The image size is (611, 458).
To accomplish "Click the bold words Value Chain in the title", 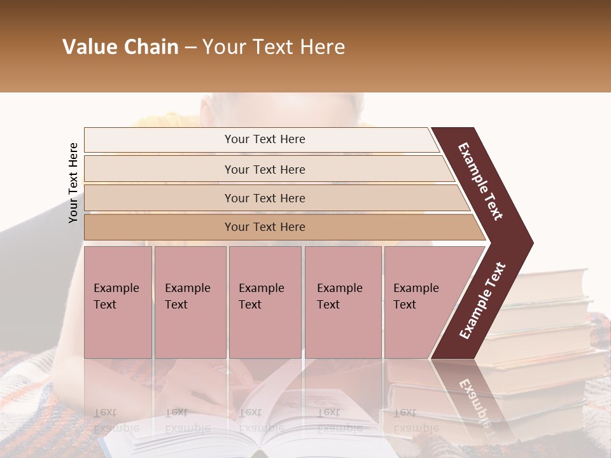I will (120, 47).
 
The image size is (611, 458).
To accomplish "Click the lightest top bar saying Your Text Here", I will (264, 139).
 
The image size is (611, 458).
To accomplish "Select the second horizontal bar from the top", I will (264, 169).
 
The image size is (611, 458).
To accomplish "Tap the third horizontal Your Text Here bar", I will (264, 198).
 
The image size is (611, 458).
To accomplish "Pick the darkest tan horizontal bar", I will (264, 227).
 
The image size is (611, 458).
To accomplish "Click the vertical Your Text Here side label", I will (73, 183).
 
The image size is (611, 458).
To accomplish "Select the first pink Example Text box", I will (118, 302).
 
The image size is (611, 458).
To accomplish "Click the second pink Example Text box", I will (190, 302).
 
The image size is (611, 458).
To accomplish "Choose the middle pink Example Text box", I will (265, 302).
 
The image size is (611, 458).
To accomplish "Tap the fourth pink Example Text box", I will (342, 302).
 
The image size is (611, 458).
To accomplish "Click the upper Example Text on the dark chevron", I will (481, 181).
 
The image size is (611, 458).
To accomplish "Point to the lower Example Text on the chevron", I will (482, 300).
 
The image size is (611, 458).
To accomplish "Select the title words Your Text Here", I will (274, 47).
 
